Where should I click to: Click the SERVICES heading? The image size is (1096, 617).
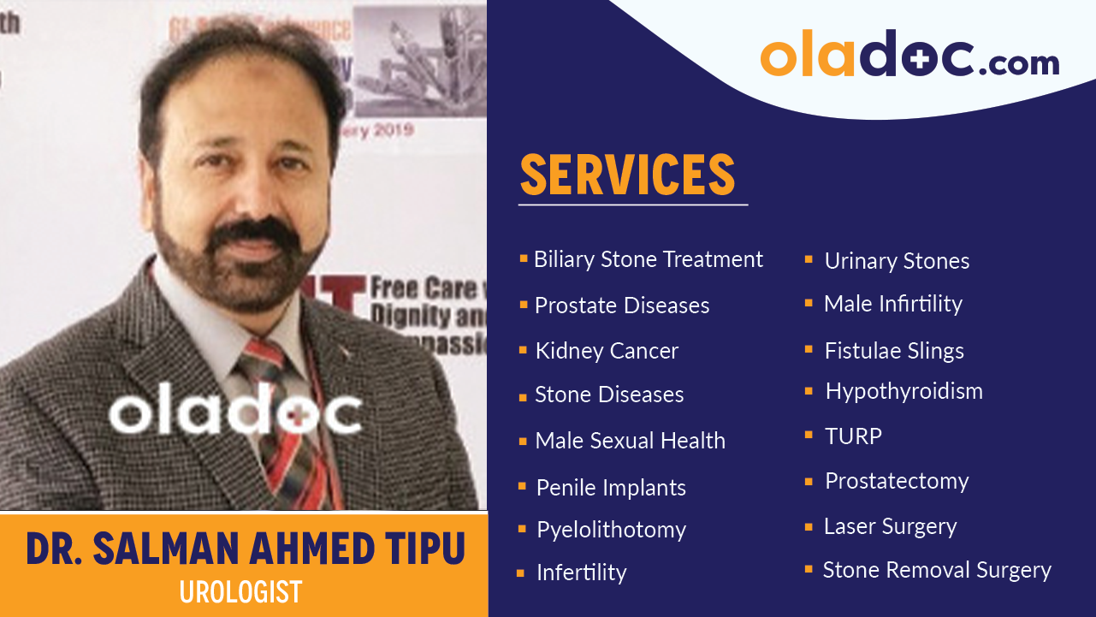(x=627, y=175)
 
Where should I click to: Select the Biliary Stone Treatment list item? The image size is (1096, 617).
(x=648, y=259)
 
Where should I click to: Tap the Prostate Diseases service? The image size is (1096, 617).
(x=621, y=306)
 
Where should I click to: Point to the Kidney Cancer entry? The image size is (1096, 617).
(x=607, y=351)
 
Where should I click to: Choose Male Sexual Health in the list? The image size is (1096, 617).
(x=630, y=441)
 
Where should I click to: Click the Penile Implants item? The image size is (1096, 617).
(x=611, y=488)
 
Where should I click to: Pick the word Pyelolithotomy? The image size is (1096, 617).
(x=611, y=530)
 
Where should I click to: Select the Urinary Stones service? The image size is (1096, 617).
(x=897, y=261)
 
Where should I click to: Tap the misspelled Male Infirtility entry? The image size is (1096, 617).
(x=892, y=304)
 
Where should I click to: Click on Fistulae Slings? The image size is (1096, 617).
(x=894, y=351)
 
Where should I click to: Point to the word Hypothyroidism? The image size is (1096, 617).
(x=903, y=392)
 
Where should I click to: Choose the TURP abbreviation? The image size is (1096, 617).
(x=853, y=436)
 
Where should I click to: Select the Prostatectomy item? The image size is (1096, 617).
(x=897, y=481)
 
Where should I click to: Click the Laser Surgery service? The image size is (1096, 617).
(x=890, y=526)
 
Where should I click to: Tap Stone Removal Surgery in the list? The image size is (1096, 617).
(x=937, y=570)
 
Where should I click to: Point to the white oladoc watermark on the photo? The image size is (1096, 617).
(x=235, y=412)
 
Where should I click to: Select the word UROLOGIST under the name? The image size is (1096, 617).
(x=240, y=592)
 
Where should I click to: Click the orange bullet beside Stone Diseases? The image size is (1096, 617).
(x=523, y=397)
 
